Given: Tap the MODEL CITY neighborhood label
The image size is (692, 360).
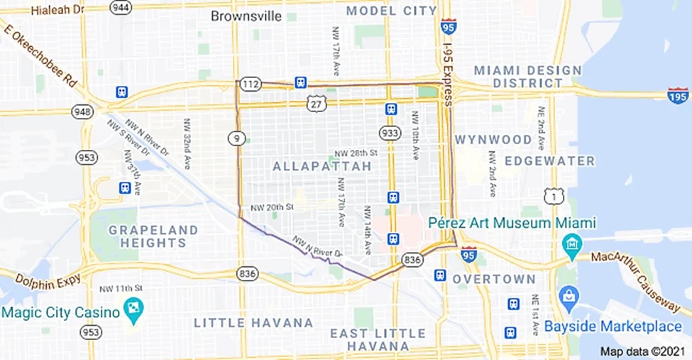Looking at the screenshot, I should pos(391,11).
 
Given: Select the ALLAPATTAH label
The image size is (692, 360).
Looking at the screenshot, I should pos(322,166).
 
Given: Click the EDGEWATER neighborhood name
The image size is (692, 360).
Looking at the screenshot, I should pos(550,161).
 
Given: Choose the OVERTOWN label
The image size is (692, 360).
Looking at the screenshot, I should pos(494,279).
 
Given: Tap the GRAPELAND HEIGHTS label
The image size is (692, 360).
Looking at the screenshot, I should pos(153,236).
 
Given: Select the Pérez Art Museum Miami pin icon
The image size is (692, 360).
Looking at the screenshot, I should pos(571,246).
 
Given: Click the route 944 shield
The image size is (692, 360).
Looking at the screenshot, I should pos(121,7).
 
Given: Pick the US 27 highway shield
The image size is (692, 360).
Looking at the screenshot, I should pos(317,104).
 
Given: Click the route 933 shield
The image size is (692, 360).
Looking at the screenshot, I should pos(390,133).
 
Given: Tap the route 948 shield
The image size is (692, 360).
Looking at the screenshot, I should pos(83,111).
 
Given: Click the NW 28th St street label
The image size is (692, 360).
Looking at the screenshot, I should pos(356,153).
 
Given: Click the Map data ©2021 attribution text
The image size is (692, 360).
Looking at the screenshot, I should pos(642,351).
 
